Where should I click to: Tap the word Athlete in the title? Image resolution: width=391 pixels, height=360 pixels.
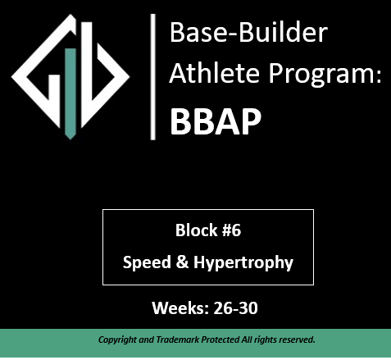click(x=206, y=76)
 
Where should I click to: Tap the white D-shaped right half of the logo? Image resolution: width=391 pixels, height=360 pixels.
click(x=110, y=78)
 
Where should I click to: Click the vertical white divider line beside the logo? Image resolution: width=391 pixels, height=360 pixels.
click(x=152, y=76)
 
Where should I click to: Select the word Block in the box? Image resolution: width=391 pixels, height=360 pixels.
click(x=193, y=230)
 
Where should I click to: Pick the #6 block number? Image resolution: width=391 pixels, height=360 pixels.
click(x=230, y=230)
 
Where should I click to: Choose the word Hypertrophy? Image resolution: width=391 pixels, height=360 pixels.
click(x=239, y=263)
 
